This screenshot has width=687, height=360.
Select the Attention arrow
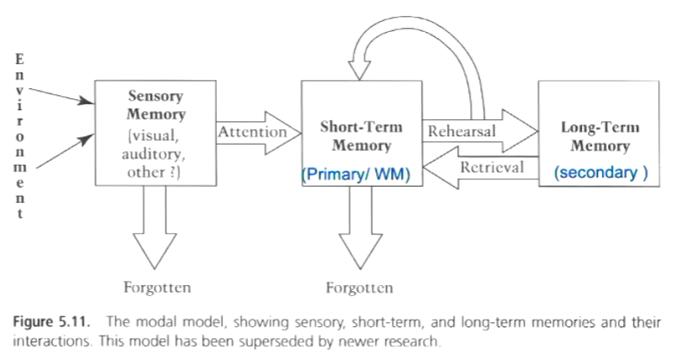click(251, 132)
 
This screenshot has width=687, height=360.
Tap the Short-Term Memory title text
click(361, 136)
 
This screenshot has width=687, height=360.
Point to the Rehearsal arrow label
click(462, 132)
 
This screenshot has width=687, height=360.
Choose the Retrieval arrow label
click(491, 167)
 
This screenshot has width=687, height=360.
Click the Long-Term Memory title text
click(600, 136)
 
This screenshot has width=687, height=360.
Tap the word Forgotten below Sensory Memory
click(157, 288)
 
